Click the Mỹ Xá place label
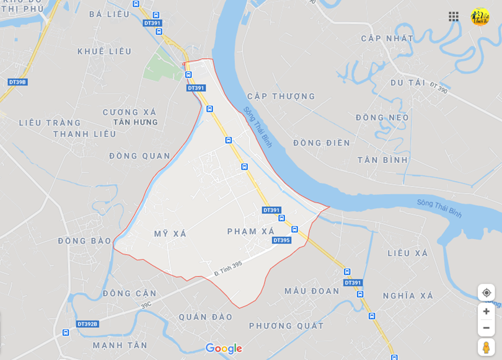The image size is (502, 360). point(170,234)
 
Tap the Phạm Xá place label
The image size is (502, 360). point(250,231)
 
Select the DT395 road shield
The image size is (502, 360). point(281,240)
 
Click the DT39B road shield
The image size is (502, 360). point(17,82)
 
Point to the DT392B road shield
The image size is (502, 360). point(87,323)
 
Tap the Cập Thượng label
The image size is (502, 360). point(281,96)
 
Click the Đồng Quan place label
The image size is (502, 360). point(139,156)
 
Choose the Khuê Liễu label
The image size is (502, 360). point(105,51)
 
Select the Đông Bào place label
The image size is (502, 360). point(85,240)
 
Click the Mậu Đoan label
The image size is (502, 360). point(312,291)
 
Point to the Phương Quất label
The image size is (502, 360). point(286,325)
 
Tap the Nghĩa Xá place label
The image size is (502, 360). point(408,296)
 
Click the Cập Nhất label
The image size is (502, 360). point(387,38)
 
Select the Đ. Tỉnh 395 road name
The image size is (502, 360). point(228,268)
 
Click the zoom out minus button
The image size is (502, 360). point(486,328)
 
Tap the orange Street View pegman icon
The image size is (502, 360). point(486,347)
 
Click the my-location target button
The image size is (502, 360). point(486,292)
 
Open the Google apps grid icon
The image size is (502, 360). point(454,17)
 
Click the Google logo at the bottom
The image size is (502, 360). point(223,348)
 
